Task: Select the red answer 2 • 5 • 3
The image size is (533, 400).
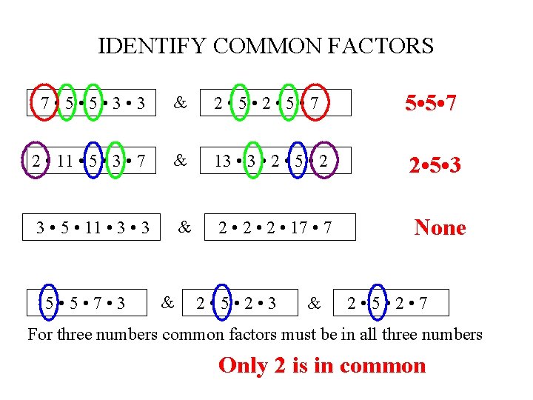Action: [x=435, y=164]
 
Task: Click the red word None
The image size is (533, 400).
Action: [x=440, y=227]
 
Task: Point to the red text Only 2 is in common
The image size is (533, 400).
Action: [x=322, y=365]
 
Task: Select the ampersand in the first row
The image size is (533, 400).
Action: [x=180, y=103]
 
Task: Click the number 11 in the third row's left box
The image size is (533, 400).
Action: [x=93, y=227]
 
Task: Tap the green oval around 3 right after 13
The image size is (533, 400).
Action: [x=252, y=159]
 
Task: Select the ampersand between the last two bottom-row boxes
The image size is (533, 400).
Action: [x=315, y=302]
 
